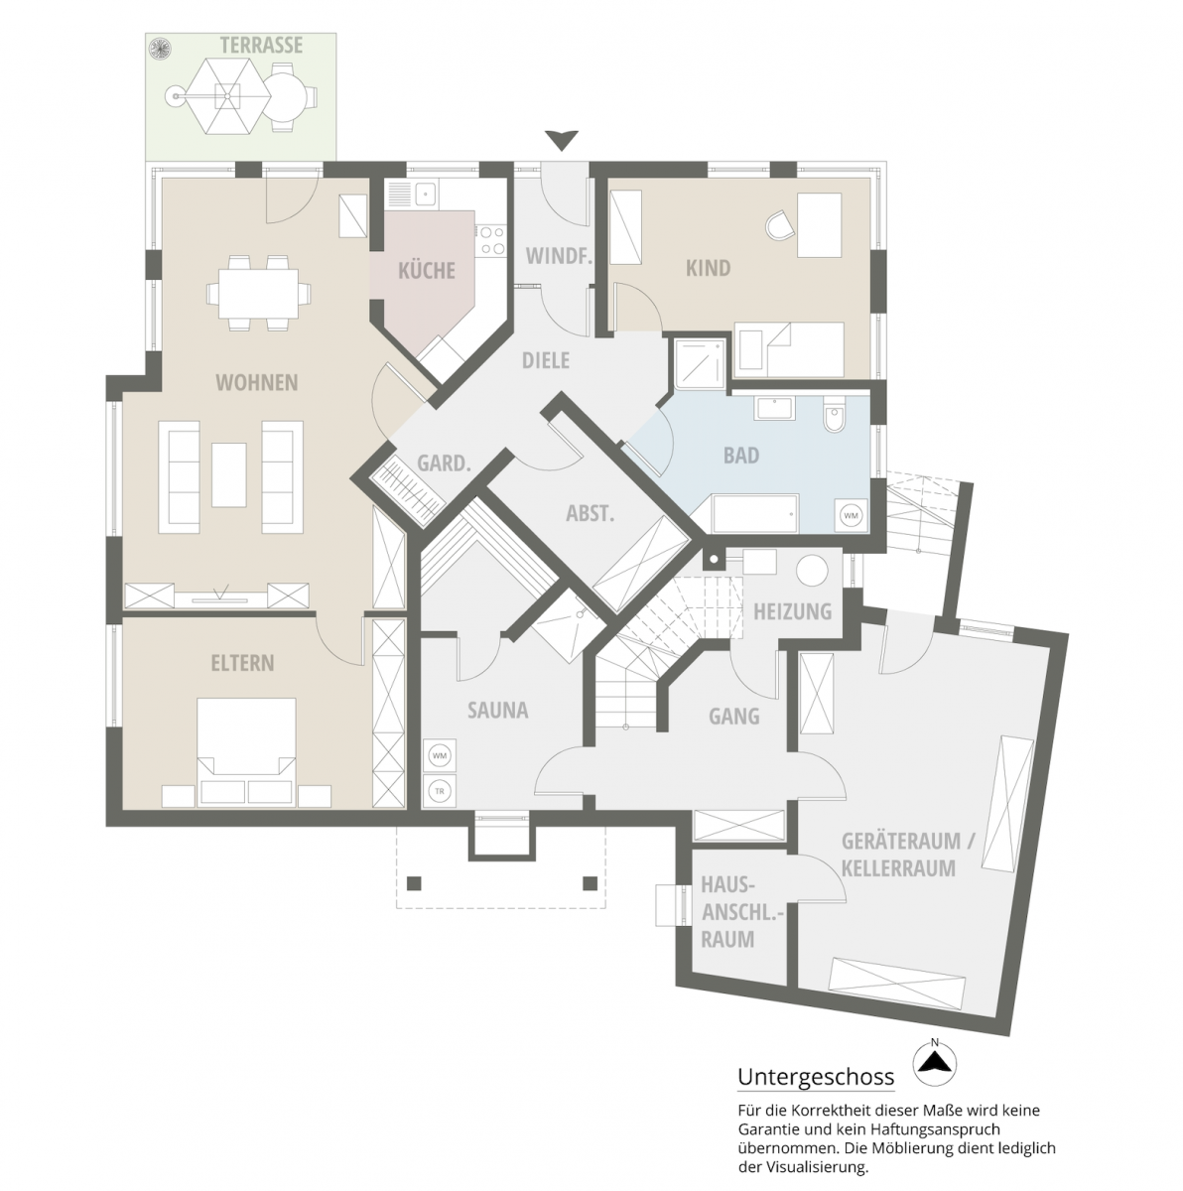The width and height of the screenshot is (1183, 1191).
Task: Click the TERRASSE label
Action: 261,46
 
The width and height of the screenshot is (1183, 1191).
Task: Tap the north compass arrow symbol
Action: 933,1061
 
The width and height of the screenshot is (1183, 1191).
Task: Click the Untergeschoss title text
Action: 815,1077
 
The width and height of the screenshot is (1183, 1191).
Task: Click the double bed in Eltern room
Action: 247,748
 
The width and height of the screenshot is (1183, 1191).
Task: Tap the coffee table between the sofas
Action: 229,474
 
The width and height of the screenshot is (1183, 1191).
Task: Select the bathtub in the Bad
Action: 755,513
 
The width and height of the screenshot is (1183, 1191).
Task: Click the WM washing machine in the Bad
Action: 851,515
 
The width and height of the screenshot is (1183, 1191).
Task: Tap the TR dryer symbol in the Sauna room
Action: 438,791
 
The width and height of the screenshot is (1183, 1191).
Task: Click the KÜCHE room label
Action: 426,270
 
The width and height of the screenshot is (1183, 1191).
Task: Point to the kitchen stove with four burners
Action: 491,239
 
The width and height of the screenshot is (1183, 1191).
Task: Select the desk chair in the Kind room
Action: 780,226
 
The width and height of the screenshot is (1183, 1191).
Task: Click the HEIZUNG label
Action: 791,611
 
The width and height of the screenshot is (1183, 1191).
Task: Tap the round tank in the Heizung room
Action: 814,573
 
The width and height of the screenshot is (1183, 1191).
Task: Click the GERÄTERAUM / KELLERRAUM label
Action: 907,855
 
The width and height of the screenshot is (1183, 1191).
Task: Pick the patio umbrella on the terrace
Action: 229,96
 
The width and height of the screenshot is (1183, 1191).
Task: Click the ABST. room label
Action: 591,513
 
